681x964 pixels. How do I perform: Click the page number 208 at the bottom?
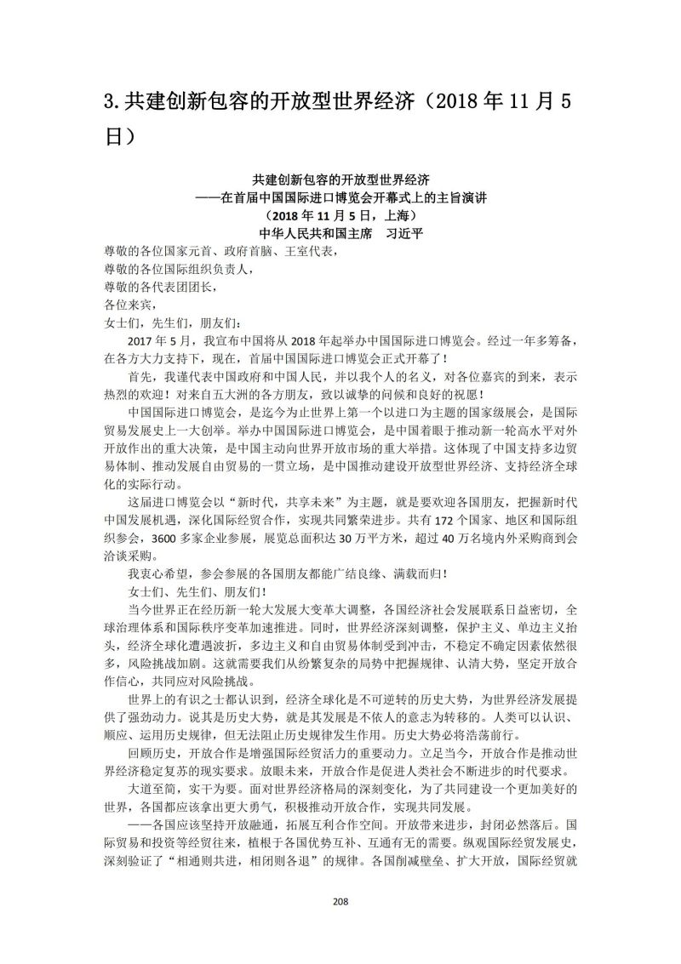pyautogui.click(x=340, y=902)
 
